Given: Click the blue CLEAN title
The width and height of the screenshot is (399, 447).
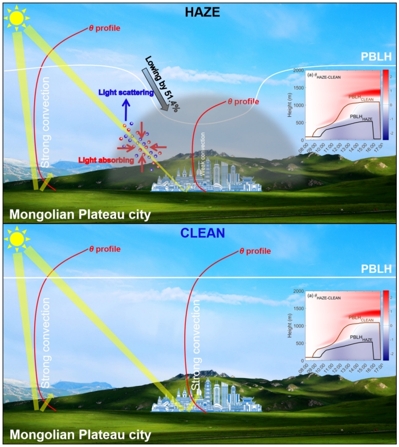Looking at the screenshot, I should click(199, 233).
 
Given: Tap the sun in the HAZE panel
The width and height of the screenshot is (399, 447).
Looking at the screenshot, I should click(17, 18).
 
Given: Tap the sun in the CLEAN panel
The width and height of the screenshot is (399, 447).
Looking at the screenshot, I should click(17, 239).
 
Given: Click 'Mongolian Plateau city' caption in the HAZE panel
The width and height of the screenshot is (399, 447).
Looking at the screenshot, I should click(80, 214).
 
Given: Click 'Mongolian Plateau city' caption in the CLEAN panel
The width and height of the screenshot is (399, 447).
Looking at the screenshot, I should click(80, 435).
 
